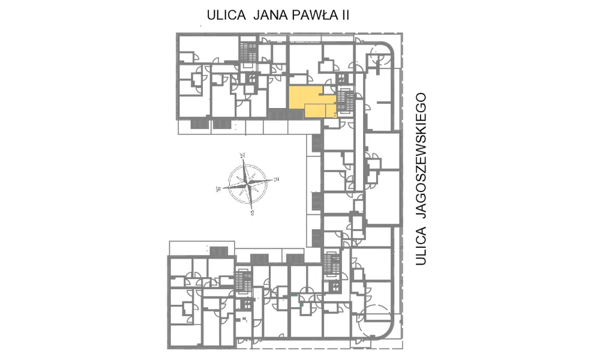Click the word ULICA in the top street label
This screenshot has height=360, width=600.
click(x=226, y=16)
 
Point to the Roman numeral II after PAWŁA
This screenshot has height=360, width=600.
click(x=345, y=16)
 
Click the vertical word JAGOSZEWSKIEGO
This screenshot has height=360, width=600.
click(x=421, y=156)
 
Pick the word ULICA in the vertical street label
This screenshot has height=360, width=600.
click(x=421, y=246)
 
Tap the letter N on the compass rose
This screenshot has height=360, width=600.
click(x=242, y=156)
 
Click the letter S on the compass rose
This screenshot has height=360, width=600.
click(x=253, y=213)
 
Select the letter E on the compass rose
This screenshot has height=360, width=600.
click(x=276, y=179)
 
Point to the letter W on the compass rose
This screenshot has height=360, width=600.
click(x=219, y=188)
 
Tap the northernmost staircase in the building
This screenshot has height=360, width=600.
click(x=249, y=51)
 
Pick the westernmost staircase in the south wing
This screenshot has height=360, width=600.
click(x=244, y=283)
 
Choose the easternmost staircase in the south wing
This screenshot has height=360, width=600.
click(x=331, y=264)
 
